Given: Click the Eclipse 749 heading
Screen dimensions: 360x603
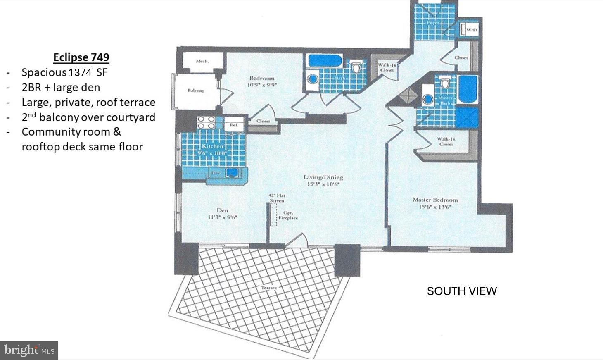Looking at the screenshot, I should coord(81,57).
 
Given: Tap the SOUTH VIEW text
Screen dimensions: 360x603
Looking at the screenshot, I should coord(461,291).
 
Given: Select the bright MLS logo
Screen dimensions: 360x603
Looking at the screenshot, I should coord(29,350).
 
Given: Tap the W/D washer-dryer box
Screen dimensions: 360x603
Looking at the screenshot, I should coord(471,30).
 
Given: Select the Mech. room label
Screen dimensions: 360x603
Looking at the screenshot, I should coord(202,61).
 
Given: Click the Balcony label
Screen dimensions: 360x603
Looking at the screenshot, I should coord(195,90).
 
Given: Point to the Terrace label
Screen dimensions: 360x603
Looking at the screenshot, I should coord(268,288).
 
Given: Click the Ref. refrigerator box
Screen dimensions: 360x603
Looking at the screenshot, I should coord(234,124).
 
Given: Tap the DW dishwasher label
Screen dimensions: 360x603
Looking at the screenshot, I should coord(215,173).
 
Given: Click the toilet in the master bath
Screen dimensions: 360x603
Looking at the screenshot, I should coord(444,83).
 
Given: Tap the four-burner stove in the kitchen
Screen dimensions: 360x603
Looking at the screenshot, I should coord(206,123).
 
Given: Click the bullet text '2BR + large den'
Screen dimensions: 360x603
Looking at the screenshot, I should coord(61,87).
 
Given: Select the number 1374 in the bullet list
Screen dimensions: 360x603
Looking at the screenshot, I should coord(80,72).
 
